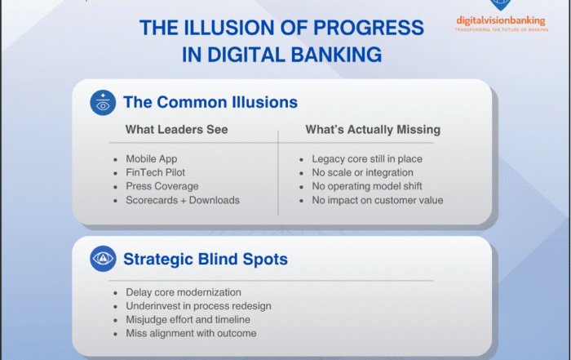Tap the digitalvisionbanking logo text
(x=500, y=20)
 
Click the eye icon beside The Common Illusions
(x=103, y=102)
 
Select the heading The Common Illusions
(x=210, y=103)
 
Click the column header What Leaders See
(x=176, y=130)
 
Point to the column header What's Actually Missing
(x=374, y=130)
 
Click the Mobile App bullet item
(x=152, y=158)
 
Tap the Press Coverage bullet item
(x=162, y=186)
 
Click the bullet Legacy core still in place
(x=367, y=158)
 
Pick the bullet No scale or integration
(x=363, y=172)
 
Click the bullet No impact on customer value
(x=378, y=200)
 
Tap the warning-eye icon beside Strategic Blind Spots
(x=103, y=259)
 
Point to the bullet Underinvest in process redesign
(x=198, y=306)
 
